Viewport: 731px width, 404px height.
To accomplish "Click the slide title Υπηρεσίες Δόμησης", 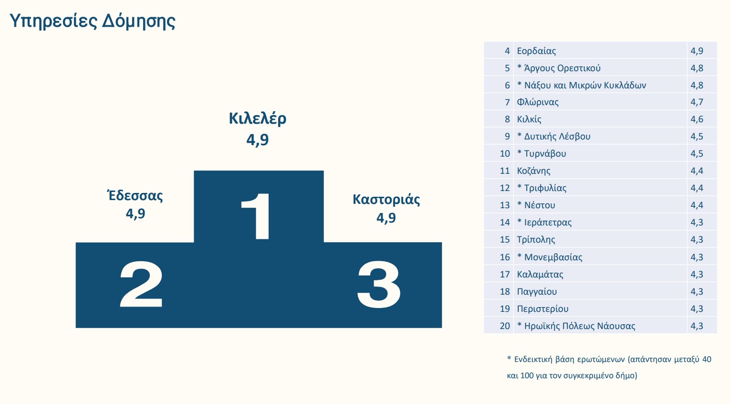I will pyautogui.click(x=93, y=21).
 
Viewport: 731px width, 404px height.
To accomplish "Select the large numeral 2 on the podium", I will pyautogui.click(x=141, y=285).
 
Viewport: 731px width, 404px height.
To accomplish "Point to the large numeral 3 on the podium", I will pyautogui.click(x=379, y=285).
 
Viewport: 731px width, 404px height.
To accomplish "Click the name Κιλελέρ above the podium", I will pyautogui.click(x=258, y=118).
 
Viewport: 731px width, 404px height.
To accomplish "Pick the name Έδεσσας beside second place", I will pyautogui.click(x=136, y=196).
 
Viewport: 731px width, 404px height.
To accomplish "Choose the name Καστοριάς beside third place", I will pyautogui.click(x=386, y=199).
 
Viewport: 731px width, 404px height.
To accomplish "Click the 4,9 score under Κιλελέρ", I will pyautogui.click(x=258, y=140).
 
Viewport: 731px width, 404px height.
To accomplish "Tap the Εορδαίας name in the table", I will pyautogui.click(x=536, y=51).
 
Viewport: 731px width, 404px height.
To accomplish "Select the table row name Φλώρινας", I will pyautogui.click(x=538, y=102).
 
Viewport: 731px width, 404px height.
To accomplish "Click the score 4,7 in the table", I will pyautogui.click(x=697, y=102).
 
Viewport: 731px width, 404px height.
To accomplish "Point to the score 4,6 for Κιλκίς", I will pyautogui.click(x=697, y=119).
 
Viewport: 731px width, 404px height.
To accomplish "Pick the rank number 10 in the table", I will pyautogui.click(x=505, y=154).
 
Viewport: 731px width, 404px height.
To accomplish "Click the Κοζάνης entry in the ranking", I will pyautogui.click(x=533, y=171).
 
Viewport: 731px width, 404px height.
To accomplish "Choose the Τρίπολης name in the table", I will pyautogui.click(x=536, y=240).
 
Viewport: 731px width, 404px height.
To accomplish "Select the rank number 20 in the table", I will pyautogui.click(x=505, y=326).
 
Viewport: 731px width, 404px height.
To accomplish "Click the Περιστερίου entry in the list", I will pyautogui.click(x=543, y=309).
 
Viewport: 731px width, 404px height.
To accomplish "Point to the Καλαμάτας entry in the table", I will pyautogui.click(x=540, y=275).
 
